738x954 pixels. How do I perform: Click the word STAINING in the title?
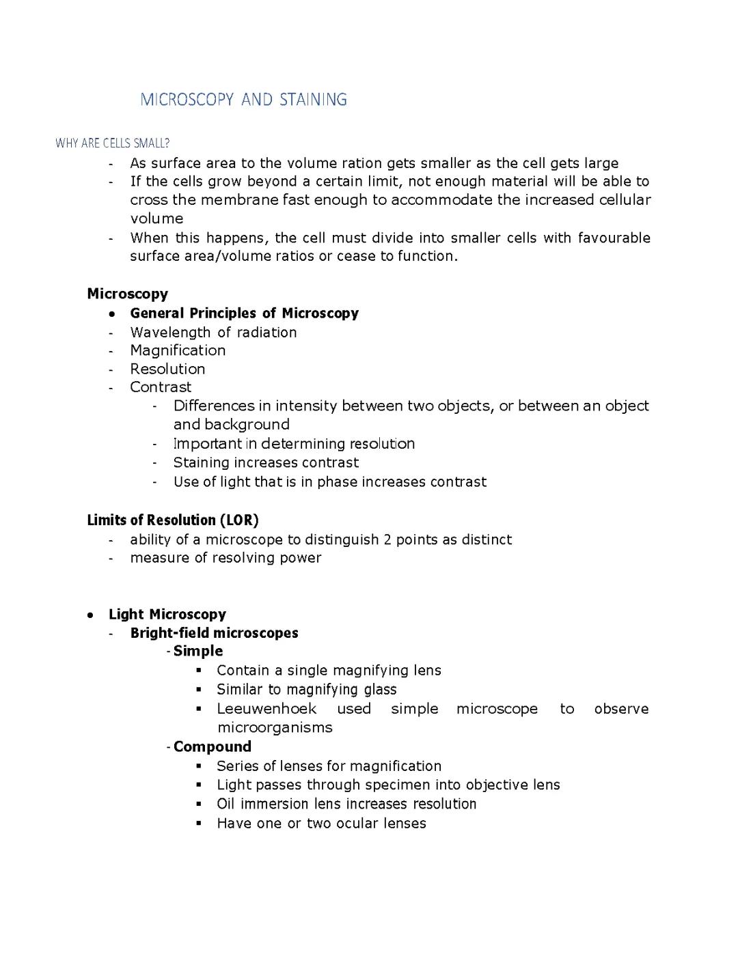point(313,100)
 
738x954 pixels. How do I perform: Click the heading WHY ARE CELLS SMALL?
point(112,143)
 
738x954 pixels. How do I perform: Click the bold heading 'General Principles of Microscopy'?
point(244,313)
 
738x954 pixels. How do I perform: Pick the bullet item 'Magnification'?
point(178,350)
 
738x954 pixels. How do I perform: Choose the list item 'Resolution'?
point(167,369)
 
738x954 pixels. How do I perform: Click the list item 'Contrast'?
point(161,387)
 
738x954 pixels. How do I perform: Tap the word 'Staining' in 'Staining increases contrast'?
point(201,462)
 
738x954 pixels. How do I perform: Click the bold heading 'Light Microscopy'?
point(167,615)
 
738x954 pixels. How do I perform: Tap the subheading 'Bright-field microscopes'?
point(214,633)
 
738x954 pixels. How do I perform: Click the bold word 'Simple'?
point(198,651)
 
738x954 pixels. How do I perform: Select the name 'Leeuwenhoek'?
point(266,709)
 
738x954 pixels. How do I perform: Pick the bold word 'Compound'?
point(213,746)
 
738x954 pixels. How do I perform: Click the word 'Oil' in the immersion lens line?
point(225,804)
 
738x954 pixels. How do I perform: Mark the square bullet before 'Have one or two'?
point(199,824)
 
